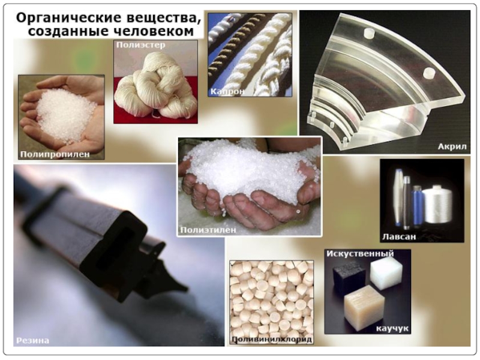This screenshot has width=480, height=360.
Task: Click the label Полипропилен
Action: click(x=55, y=154)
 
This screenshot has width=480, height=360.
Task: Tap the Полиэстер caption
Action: click(x=140, y=45)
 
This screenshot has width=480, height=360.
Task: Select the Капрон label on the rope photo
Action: click(x=227, y=91)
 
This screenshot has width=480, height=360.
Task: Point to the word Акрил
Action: click(x=452, y=146)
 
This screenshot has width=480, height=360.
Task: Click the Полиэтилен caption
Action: click(x=208, y=230)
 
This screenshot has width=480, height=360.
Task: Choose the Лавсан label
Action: click(x=399, y=236)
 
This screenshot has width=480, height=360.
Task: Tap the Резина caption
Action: click(x=32, y=340)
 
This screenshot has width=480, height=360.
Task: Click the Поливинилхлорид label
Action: click(x=272, y=339)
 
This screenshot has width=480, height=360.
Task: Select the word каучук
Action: click(x=392, y=328)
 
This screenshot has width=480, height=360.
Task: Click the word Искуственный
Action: click(x=360, y=253)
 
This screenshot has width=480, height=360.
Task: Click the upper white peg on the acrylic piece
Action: click(x=368, y=34)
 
